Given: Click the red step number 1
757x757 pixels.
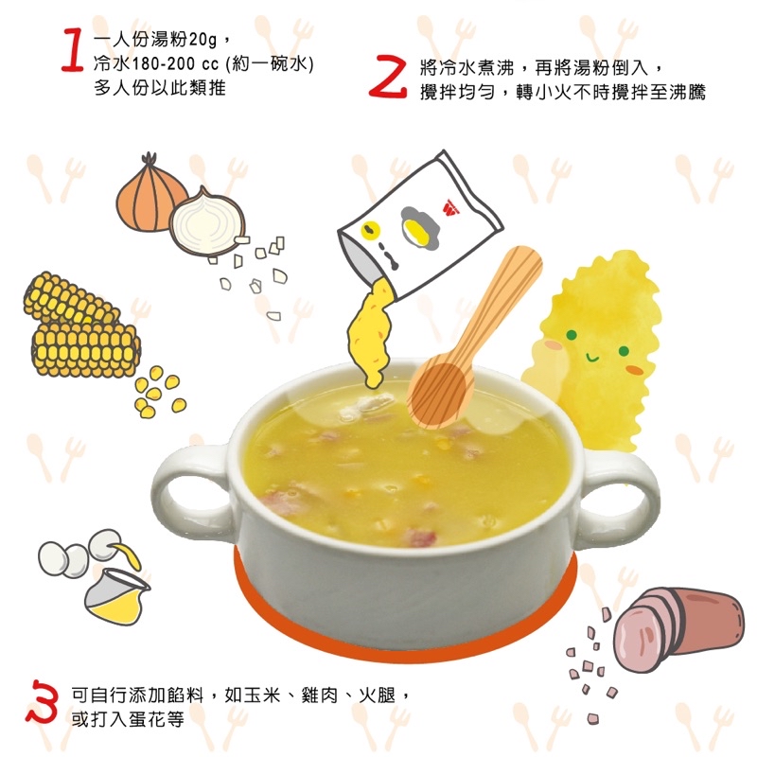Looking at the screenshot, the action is click(73, 50).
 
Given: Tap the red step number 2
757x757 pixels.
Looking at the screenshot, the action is click(388, 77).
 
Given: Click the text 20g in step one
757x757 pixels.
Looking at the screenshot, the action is click(202, 40).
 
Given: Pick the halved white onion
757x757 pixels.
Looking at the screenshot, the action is click(207, 223).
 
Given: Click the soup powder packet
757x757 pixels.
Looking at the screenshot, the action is click(419, 226).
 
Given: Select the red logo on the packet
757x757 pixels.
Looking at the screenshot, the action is click(450, 208).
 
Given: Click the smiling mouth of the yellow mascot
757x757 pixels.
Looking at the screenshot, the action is click(592, 358).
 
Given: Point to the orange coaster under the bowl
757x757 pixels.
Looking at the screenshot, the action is click(405, 637).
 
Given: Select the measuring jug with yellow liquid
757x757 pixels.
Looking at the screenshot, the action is click(115, 596).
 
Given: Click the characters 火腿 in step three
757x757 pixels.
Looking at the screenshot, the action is click(377, 695).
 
